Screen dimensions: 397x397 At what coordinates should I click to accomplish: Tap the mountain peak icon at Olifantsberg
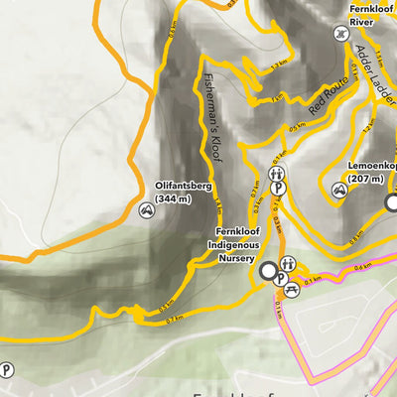(147, 209)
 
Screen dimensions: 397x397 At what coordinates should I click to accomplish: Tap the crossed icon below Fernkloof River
(341, 33)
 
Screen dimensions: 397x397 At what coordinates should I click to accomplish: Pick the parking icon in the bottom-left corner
(8, 370)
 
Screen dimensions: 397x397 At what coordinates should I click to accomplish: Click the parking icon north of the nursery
(281, 186)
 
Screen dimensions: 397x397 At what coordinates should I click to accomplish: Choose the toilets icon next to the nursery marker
(288, 264)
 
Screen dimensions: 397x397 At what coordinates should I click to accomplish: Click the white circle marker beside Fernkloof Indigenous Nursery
(267, 270)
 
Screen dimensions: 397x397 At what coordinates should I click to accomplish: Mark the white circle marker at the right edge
(393, 202)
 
